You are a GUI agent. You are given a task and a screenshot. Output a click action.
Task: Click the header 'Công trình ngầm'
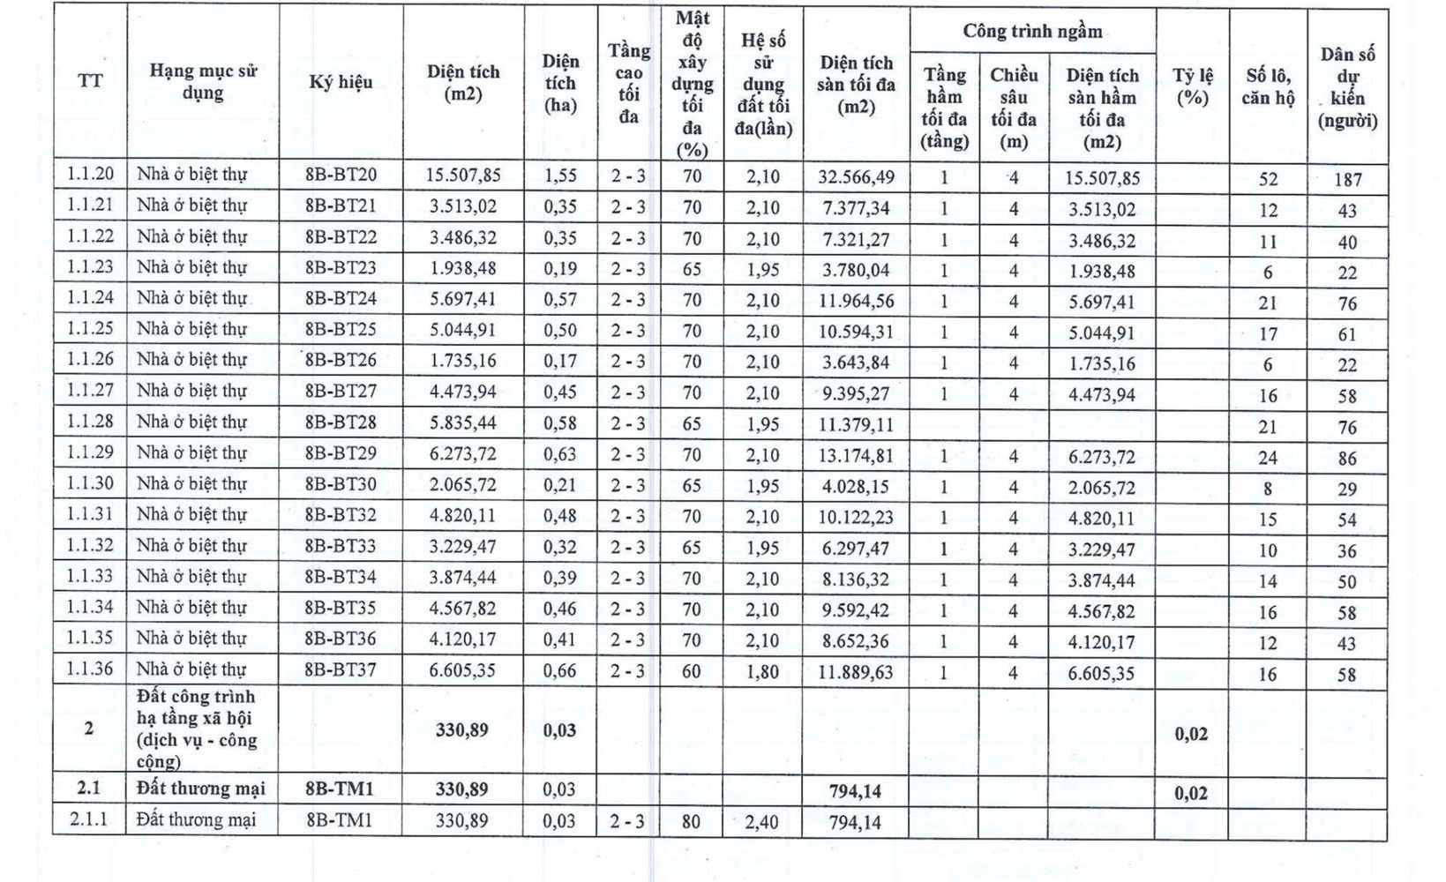point(1032,32)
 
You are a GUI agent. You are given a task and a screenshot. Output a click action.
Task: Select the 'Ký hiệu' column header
point(341,82)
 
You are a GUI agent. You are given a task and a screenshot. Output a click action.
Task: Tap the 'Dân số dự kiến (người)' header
point(1347,87)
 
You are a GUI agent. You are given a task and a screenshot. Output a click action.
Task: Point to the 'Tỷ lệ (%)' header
point(1192,86)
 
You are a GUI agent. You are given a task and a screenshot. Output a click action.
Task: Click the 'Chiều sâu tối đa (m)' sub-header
point(1014,108)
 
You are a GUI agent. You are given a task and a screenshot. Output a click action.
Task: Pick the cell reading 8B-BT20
point(341,175)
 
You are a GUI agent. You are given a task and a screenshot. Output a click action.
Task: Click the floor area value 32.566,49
point(856,177)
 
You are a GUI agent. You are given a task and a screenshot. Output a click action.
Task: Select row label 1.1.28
point(90,422)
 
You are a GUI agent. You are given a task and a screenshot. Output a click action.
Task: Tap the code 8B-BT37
point(341,670)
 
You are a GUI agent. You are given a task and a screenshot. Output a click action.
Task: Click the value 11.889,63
point(856,673)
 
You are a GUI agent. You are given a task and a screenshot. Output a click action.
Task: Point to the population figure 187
point(1347,180)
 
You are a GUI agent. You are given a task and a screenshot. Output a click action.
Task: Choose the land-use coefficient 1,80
point(762,672)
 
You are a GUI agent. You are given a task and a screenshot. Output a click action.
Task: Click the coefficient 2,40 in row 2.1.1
point(762,823)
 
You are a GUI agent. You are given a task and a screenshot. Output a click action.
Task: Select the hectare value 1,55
point(560,176)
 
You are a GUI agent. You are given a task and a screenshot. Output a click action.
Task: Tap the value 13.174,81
point(856,456)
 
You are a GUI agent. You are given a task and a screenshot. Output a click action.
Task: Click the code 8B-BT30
point(341,484)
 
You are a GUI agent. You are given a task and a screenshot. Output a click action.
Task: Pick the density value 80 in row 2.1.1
point(691,823)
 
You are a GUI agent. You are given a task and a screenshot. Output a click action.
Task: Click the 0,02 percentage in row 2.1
point(1191,793)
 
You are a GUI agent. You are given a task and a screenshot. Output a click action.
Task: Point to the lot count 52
point(1268,179)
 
